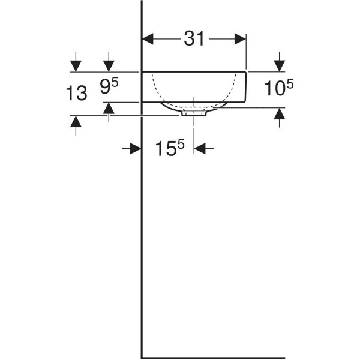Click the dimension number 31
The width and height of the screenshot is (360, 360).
point(194,39)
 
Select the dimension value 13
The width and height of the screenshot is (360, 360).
point(76,93)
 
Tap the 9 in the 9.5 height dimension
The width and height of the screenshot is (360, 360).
point(105,89)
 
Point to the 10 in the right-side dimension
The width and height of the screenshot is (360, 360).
point(274,89)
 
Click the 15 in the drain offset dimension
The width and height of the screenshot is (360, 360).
point(164,149)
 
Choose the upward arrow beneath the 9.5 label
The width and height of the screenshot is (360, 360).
point(109,109)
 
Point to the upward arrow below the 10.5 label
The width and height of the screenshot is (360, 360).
point(279,114)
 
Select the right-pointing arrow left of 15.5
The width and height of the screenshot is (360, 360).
point(135,148)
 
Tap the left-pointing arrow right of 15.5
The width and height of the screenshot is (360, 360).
point(200,148)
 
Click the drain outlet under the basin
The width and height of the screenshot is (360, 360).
point(194,112)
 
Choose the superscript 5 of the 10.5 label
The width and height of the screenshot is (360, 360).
point(290,85)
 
